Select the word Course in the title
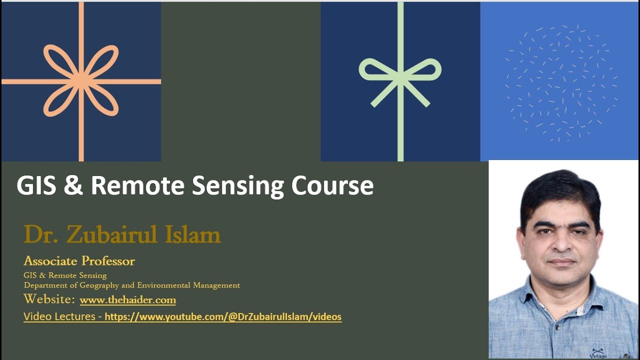(x=332, y=185)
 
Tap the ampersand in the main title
(x=72, y=185)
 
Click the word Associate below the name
(x=50, y=261)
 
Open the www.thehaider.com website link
(x=127, y=300)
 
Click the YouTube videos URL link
(x=223, y=316)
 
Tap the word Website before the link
(x=49, y=299)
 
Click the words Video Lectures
(x=59, y=316)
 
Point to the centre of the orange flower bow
(x=81, y=81)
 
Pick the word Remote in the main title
(x=138, y=185)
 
